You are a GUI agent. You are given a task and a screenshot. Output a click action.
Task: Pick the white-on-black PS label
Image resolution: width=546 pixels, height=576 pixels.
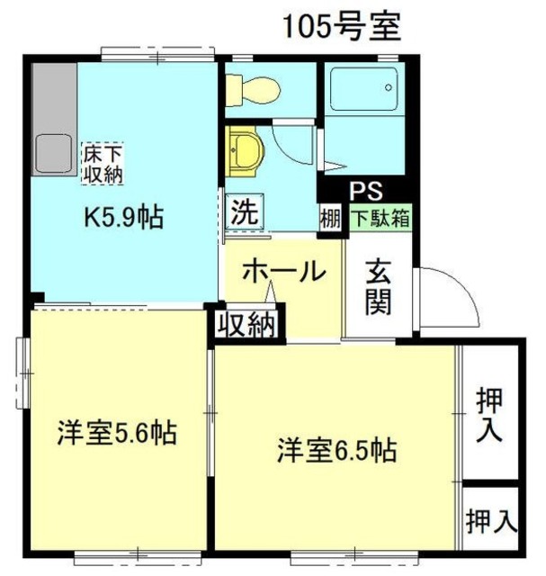click(x=366, y=191)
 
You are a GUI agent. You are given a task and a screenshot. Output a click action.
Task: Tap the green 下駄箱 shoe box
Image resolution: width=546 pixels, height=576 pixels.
click(x=380, y=217)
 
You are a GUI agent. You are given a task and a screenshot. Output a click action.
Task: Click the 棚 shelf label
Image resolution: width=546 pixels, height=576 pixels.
click(x=330, y=219)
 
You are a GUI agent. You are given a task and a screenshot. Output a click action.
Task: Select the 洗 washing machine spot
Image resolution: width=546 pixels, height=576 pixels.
click(x=245, y=212)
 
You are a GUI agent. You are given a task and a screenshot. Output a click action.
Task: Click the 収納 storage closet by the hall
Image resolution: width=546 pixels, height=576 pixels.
click(x=246, y=324)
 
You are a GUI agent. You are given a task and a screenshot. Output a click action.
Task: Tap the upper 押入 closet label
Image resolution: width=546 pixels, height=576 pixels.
click(x=489, y=414)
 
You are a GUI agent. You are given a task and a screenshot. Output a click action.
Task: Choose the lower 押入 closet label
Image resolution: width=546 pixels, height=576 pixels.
click(x=491, y=519)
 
